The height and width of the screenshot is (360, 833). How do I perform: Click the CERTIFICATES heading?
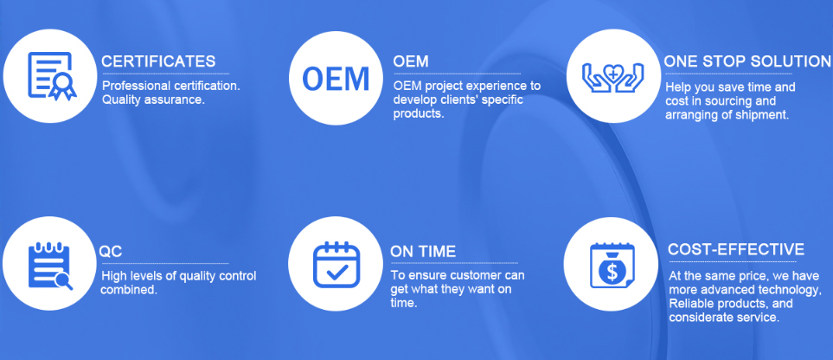pyautogui.click(x=158, y=61)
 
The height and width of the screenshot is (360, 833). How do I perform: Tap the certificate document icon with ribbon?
pyautogui.click(x=51, y=75)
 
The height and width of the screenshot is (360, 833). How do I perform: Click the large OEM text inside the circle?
pyautogui.click(x=336, y=78)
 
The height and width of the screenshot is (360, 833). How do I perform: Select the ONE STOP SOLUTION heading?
pyautogui.click(x=747, y=61)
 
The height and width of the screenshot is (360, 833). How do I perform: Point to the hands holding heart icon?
pyautogui.click(x=612, y=77)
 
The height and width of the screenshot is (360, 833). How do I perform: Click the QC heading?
pyautogui.click(x=111, y=252)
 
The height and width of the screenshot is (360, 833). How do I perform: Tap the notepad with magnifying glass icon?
pyautogui.click(x=50, y=266)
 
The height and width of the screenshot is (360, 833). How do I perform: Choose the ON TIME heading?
pyautogui.click(x=423, y=251)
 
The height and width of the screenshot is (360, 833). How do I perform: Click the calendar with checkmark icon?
pyautogui.click(x=336, y=264)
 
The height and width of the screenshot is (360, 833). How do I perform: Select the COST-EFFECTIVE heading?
pyautogui.click(x=736, y=249)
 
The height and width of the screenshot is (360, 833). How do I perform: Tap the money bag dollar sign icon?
pyautogui.click(x=612, y=266)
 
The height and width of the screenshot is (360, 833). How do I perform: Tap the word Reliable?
pyautogui.click(x=688, y=304)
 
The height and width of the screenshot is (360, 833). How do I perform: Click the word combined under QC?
pyautogui.click(x=128, y=290)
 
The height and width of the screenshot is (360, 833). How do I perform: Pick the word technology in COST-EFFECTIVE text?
pyautogui.click(x=791, y=291)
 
